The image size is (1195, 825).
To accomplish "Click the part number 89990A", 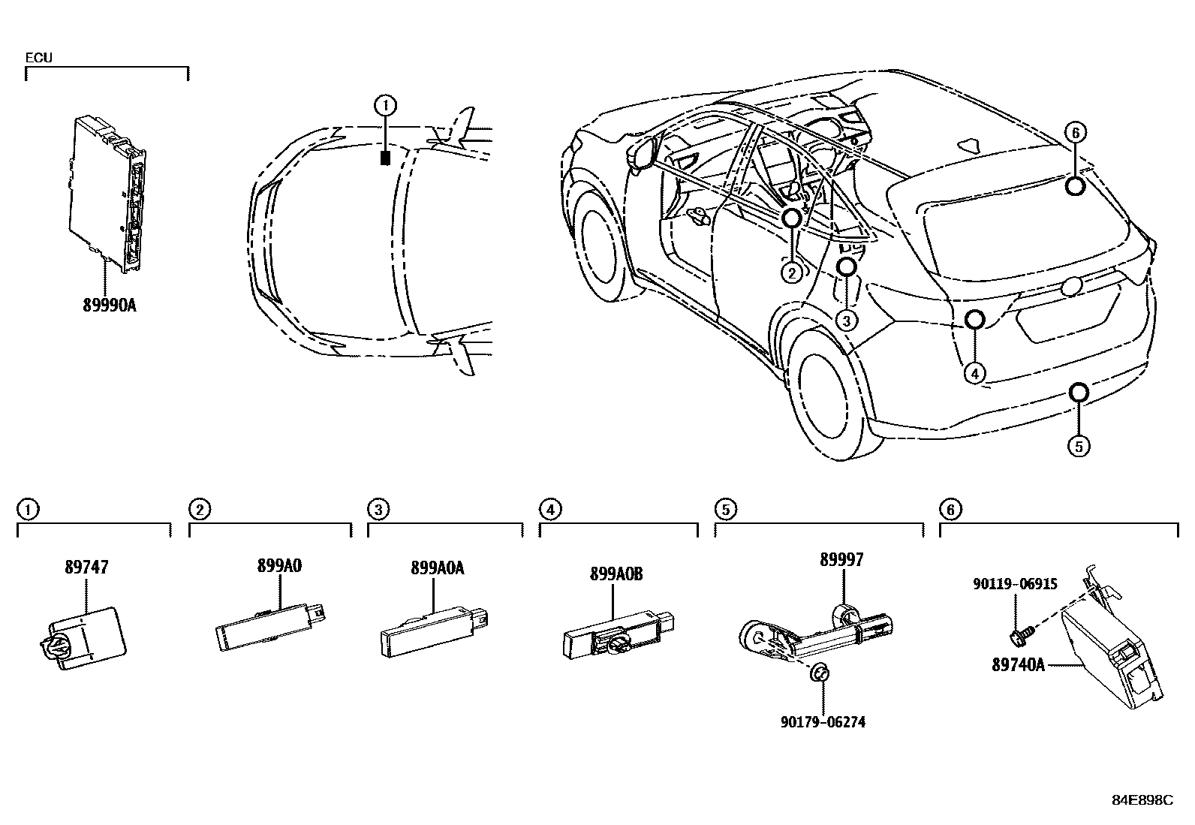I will coord(110,306).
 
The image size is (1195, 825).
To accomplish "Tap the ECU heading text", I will coord(39,57).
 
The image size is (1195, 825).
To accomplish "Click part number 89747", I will coord(86,568).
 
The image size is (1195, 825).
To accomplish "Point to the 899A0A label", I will coord(437,568).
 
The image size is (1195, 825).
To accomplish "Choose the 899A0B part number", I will coord(616,574).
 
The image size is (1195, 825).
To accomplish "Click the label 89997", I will coord(841,560).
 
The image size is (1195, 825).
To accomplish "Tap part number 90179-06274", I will coord(823,722).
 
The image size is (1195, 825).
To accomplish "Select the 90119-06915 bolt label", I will coord(1015,583).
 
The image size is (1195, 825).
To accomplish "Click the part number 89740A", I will coord(1019,664).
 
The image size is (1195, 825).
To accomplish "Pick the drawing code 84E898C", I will coord(1142,800).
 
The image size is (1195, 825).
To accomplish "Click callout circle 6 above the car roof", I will coord(1074,133).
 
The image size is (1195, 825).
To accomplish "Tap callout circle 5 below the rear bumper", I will coord(1078,446).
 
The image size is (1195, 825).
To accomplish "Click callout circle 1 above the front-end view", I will coord(385,106).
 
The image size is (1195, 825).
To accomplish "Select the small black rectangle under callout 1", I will coord(385,158).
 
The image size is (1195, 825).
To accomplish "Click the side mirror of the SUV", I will coord(639,152).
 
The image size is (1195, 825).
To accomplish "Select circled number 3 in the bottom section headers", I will coord(378,510).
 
